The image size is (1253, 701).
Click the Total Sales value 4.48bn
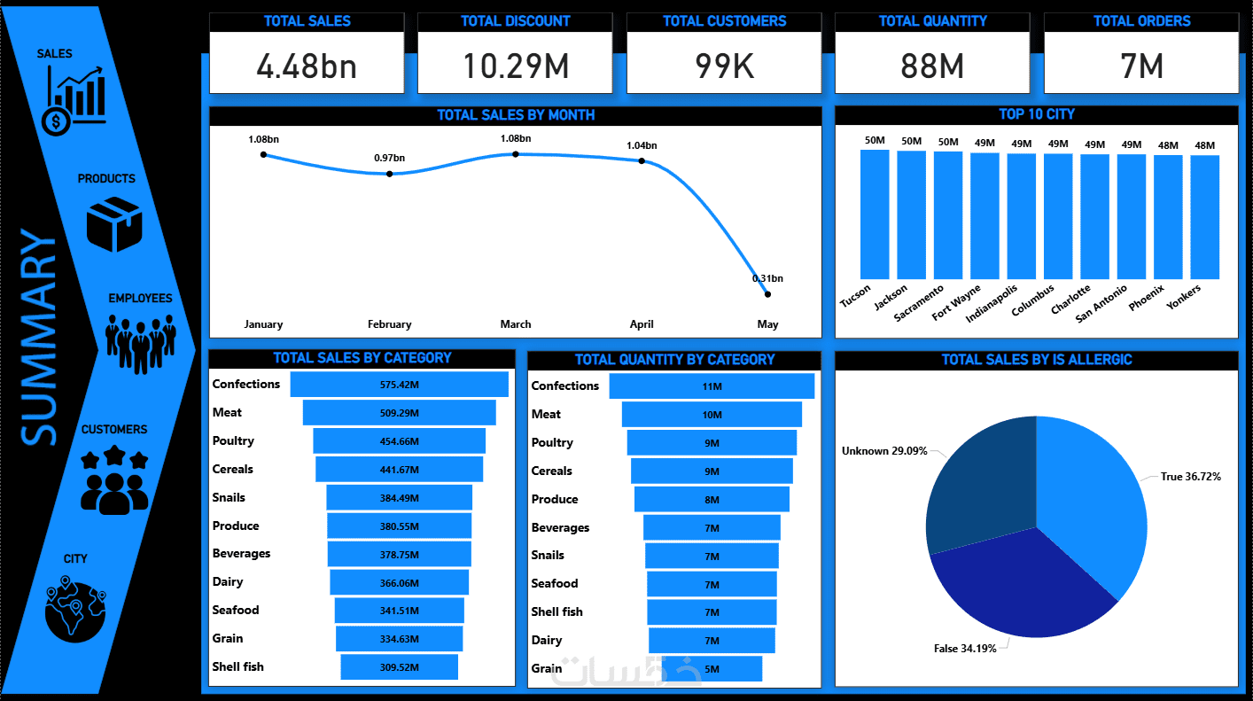(307, 66)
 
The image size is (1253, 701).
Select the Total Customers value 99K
(724, 66)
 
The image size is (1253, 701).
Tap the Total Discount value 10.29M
(516, 66)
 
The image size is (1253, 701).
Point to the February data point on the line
(390, 174)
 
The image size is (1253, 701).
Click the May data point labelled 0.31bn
(767, 294)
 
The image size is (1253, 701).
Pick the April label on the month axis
(642, 324)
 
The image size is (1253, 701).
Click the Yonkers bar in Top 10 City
(1204, 217)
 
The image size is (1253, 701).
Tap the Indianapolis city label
(992, 302)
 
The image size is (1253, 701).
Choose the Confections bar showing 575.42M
(400, 385)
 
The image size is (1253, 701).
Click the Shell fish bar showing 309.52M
(400, 667)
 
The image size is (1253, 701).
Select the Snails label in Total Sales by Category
(229, 498)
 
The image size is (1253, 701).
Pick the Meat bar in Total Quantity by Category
(712, 415)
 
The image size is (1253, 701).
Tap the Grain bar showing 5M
(712, 669)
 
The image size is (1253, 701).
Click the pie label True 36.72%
(1190, 477)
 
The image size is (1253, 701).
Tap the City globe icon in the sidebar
(76, 607)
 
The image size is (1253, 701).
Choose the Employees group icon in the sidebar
(136, 340)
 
